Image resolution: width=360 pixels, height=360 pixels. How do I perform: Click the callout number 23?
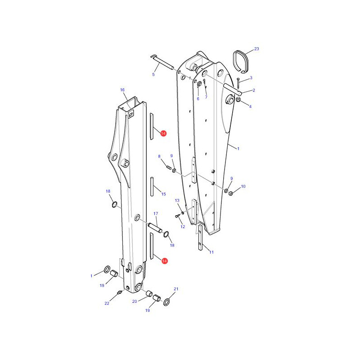point(256,49)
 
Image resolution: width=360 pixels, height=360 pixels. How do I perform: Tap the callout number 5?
point(153,74)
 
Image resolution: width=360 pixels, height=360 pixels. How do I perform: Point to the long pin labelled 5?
point(162,62)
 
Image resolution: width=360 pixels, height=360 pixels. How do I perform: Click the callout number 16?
point(122,90)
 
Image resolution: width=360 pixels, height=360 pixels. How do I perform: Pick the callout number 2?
point(254,90)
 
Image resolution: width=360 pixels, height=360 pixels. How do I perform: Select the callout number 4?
point(250,107)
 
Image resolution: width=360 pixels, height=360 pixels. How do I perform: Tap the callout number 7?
point(206,97)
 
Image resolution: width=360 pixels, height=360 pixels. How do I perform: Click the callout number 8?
point(159,156)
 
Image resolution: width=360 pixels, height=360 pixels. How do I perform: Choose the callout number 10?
point(243,186)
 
